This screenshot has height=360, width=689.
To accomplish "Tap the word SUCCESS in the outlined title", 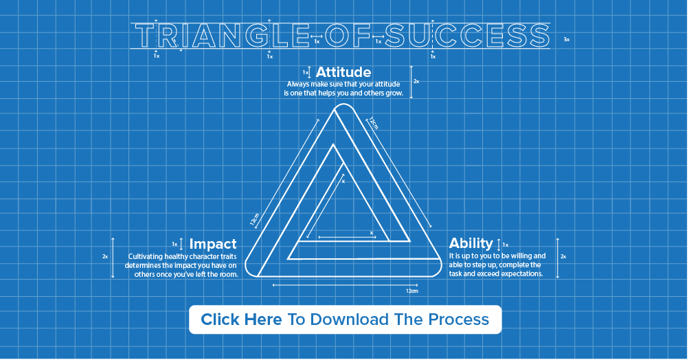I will coord(466,36).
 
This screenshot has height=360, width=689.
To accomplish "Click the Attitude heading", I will coord(343,72).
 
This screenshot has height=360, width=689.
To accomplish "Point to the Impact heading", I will coord(213,244).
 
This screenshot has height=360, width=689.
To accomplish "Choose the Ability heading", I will coord(471,243).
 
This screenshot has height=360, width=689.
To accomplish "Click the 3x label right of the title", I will coord(567,40).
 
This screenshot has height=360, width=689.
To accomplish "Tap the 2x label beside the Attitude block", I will coord(416,81).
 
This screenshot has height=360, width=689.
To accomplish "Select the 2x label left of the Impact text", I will coord(105,256).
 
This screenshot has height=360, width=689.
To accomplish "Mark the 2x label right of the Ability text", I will coord(563,256).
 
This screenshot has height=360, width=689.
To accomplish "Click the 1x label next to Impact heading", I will coord(175,244).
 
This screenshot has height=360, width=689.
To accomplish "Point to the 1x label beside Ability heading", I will coord(506,245).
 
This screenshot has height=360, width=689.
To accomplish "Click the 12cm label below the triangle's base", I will coord(411,291).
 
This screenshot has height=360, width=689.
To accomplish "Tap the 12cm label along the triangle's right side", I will coord(372,124).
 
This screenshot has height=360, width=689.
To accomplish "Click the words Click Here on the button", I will coord(241,319).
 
